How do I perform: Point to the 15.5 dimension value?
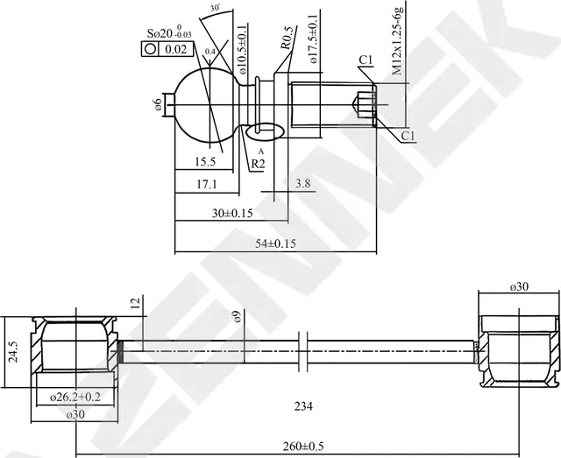(x=205, y=162)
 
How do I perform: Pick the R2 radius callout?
(x=259, y=164)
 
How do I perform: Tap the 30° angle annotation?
(x=216, y=8)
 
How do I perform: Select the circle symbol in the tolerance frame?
(x=151, y=50)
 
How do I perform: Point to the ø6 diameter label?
(x=158, y=104)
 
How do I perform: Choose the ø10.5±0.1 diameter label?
(x=242, y=42)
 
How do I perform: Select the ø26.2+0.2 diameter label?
(x=75, y=397)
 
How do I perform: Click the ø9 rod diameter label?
(x=237, y=317)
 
